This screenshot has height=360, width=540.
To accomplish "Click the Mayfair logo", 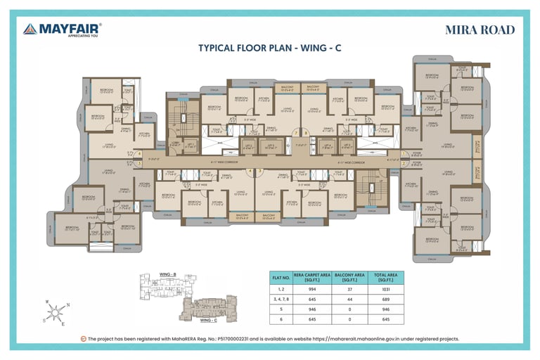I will [x=62, y=30].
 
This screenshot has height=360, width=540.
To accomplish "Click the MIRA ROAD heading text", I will [x=480, y=30].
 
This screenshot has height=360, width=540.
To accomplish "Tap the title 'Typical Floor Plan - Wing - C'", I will [x=270, y=49].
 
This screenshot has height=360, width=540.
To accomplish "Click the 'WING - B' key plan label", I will [x=168, y=274].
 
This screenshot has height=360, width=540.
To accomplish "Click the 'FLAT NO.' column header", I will [x=281, y=277].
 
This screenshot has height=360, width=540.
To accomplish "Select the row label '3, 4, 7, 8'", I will [x=281, y=299].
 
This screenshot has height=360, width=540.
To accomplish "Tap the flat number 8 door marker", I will [x=305, y=132].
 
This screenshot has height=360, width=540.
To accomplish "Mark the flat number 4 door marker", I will [x=250, y=170].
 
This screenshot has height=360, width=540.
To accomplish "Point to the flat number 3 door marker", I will [x=259, y=170].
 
